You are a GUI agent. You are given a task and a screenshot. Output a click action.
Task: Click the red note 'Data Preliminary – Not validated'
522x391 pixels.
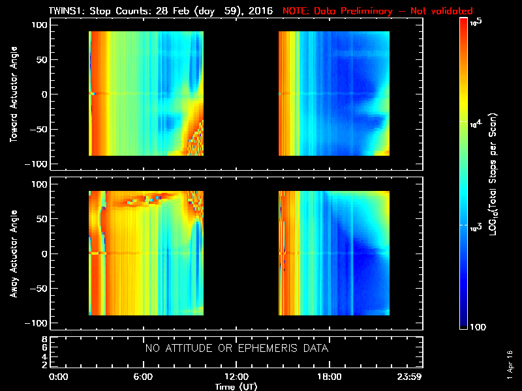pyautogui.click(x=378, y=11)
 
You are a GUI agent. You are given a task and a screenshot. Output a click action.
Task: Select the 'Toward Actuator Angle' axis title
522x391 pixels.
pyautogui.click(x=12, y=95)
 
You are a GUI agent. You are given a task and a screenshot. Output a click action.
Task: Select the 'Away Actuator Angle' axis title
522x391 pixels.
pyautogui.click(x=12, y=253)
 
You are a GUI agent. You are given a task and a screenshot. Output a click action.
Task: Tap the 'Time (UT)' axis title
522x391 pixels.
pyautogui.click(x=236, y=386)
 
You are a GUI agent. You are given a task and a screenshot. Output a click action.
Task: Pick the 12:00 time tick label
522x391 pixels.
pyautogui.click(x=236, y=377)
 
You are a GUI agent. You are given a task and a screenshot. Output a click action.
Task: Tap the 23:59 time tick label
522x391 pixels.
pyautogui.click(x=412, y=377)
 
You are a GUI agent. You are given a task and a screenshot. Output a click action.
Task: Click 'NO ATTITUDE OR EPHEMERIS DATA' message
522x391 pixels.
pyautogui.click(x=236, y=349)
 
